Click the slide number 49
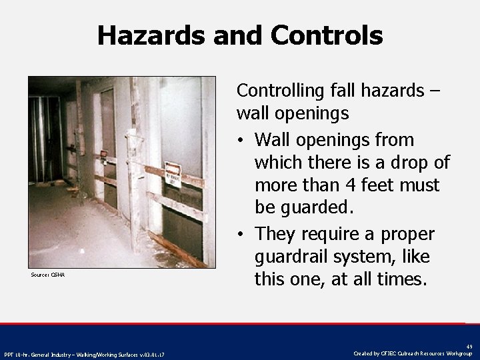[470, 347]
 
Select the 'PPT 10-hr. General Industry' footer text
[85, 353]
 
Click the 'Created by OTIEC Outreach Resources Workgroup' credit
[413, 353]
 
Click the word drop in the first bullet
[412, 163]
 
